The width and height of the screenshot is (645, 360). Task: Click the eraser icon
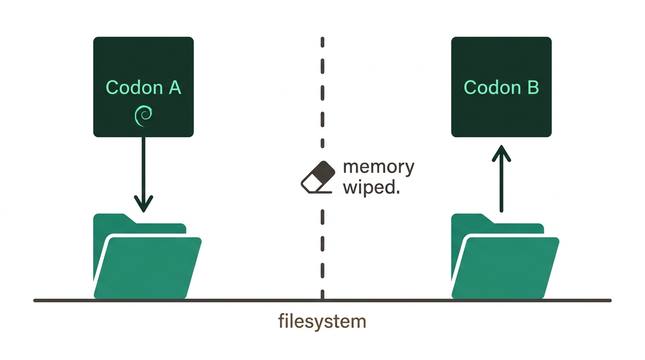318,177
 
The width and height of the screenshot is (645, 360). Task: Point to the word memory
379,167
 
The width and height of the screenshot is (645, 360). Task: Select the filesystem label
322,322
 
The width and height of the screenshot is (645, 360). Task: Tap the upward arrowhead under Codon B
501,153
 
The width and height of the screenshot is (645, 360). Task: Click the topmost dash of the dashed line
322,42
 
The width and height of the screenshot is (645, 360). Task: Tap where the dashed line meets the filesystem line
322,300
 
